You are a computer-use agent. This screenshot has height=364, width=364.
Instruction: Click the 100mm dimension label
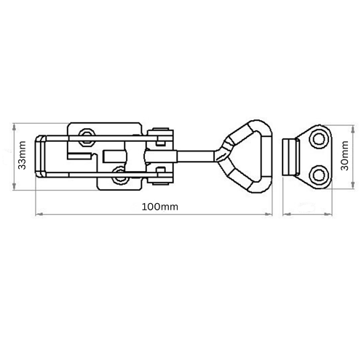pyautogui.click(x=159, y=207)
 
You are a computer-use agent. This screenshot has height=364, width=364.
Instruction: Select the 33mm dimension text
pyautogui.click(x=23, y=155)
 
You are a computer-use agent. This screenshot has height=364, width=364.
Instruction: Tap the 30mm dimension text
pyautogui.click(x=344, y=156)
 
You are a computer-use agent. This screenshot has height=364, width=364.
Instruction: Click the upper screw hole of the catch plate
pyautogui.click(x=318, y=140)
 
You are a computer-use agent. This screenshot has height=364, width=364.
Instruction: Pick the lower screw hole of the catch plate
pyautogui.click(x=318, y=174)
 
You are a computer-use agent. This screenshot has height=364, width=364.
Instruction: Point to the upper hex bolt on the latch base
pyautogui.click(x=87, y=138)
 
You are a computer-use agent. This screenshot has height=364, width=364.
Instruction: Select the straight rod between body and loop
pyautogui.click(x=196, y=157)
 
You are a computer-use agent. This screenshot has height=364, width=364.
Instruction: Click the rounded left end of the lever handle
pyautogui.click(x=40, y=157)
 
